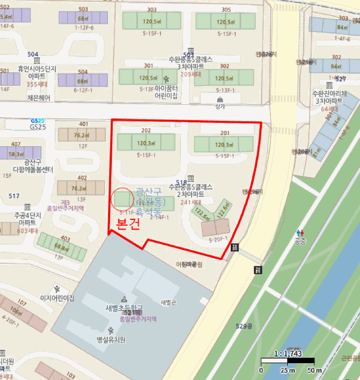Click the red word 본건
pyautogui.click(x=129, y=224)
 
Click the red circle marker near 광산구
pyautogui.click(x=121, y=198)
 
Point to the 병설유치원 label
pyautogui.click(x=111, y=340)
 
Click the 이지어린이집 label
pyautogui.click(x=57, y=298)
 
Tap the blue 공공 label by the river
pyautogui.click(x=300, y=240)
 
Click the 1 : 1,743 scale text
pyautogui.click(x=287, y=353)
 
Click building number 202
pyautogui.click(x=146, y=131)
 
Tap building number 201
pyautogui.click(x=225, y=133)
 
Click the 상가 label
pyautogui.click(x=220, y=107)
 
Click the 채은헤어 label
pyautogui.click(x=37, y=98)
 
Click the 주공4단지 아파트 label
pyautogui.click(x=28, y=219)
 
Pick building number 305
pyautogui.click(x=226, y=10)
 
